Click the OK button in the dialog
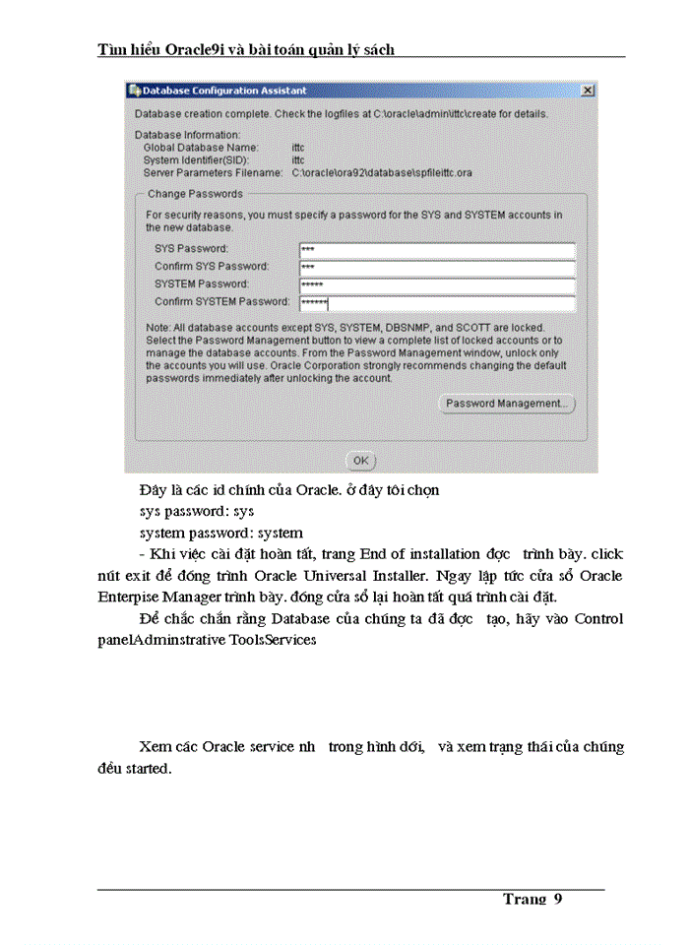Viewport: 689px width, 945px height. click(361, 460)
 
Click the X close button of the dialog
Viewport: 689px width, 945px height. click(588, 91)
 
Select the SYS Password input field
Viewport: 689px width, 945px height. click(436, 249)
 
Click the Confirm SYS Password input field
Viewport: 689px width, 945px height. click(436, 267)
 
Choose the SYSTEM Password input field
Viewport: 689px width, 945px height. click(436, 284)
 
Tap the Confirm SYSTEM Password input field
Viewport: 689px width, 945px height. click(436, 302)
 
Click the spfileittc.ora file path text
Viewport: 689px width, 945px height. click(382, 172)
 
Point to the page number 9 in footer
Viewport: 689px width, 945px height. click(557, 899)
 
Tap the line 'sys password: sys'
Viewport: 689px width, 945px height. click(197, 512)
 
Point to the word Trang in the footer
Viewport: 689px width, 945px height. click(525, 899)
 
